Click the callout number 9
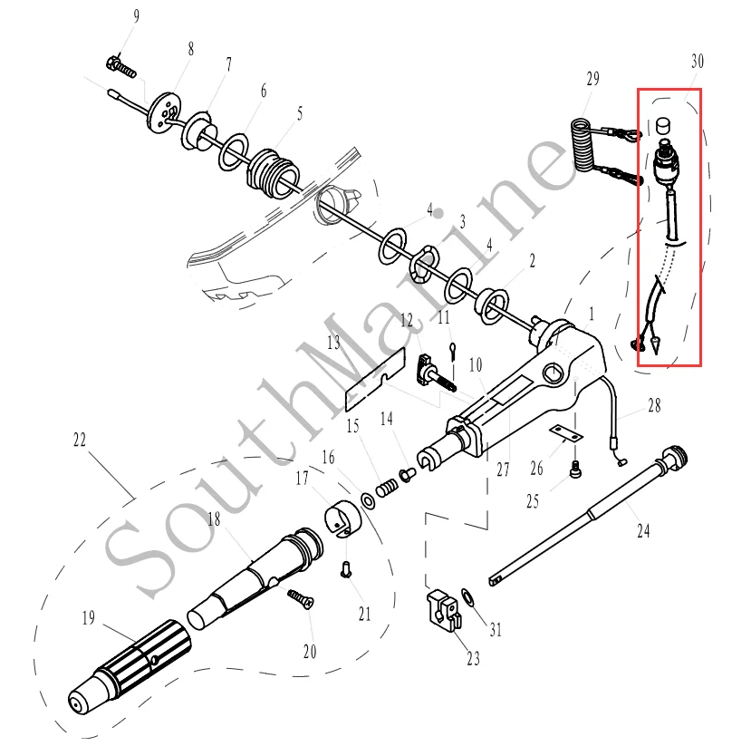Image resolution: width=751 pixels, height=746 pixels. click(137, 16)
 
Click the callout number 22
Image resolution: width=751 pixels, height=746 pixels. click(80, 440)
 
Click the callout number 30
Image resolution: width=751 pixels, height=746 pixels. click(697, 62)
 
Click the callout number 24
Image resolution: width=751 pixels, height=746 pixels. click(643, 532)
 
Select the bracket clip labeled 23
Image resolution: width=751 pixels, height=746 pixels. click(441, 608)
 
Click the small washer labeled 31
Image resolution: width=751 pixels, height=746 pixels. click(467, 596)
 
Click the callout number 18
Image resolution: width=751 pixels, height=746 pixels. click(214, 519)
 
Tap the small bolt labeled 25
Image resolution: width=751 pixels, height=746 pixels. click(574, 468)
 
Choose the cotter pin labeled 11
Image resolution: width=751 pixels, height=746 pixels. click(452, 347)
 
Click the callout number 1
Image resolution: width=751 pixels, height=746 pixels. click(592, 314)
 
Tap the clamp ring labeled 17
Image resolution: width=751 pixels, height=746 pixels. click(342, 518)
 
